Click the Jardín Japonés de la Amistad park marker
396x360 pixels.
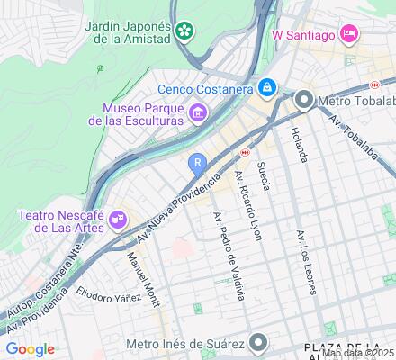184,31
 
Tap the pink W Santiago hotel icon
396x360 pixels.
349,35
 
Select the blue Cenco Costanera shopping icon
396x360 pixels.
266,88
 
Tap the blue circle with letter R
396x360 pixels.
198,163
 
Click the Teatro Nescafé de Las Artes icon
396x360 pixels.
118,217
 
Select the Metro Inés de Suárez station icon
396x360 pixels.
260,342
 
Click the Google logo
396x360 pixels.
30,349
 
